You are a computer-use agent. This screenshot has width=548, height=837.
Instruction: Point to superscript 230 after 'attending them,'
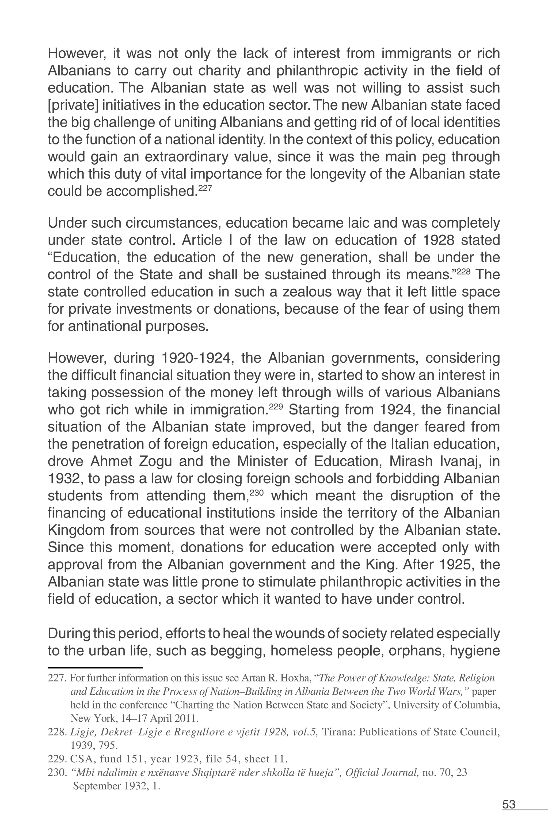[256, 493]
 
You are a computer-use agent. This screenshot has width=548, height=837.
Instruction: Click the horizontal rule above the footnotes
[95, 667]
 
